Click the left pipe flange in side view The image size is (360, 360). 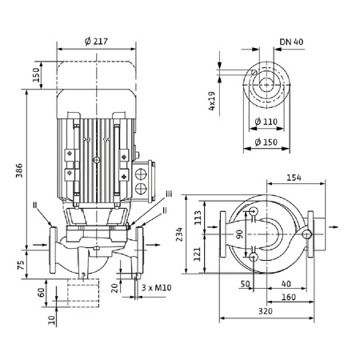(x=54, y=249)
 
